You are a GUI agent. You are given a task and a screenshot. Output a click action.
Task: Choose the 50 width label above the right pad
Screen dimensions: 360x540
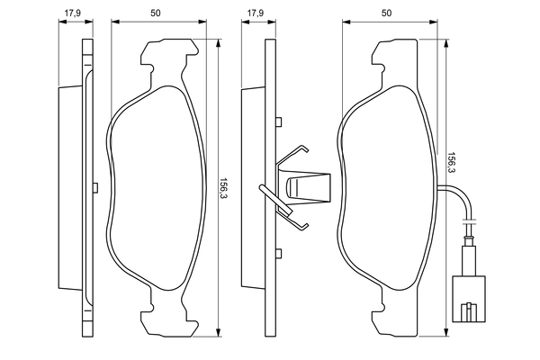tap(388, 13)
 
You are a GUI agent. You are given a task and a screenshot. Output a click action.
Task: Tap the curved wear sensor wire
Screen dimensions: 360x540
tap(459, 198)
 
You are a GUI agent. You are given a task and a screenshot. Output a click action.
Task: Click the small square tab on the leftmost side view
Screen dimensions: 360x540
tap(94, 186)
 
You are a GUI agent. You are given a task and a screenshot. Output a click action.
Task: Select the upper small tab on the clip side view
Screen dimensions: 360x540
tap(280, 122)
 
